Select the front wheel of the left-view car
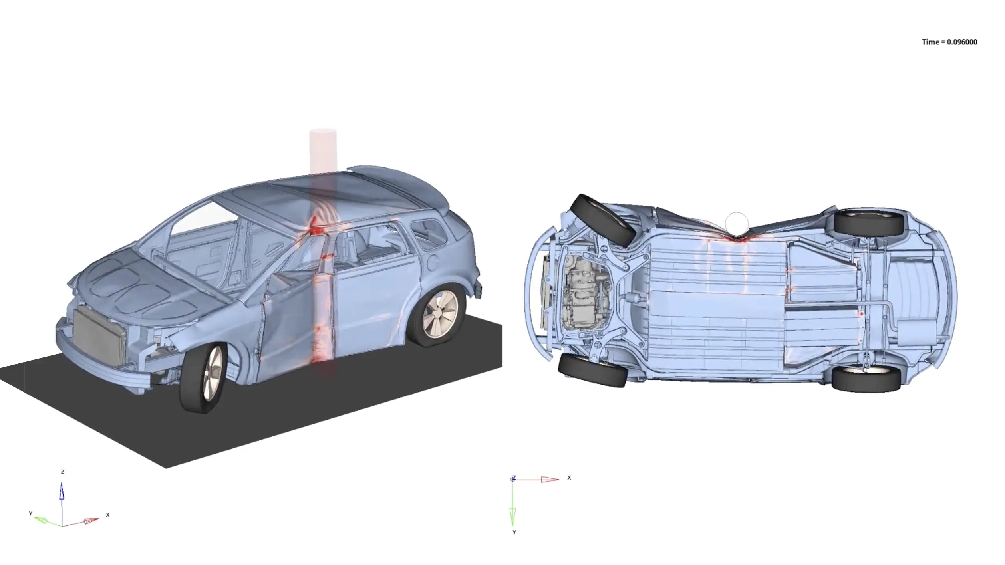pyautogui.click(x=203, y=377)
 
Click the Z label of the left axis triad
pyautogui.click(x=62, y=472)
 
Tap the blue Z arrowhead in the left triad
pyautogui.click(x=62, y=491)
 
